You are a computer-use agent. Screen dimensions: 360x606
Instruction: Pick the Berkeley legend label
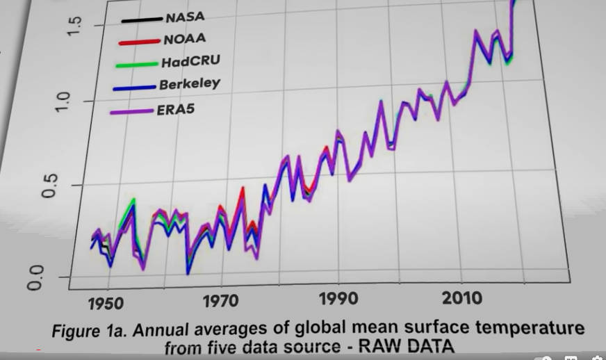tap(189, 85)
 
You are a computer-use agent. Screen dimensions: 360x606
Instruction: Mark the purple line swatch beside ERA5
tap(132, 112)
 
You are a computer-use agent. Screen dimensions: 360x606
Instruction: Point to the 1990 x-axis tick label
tap(339, 300)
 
